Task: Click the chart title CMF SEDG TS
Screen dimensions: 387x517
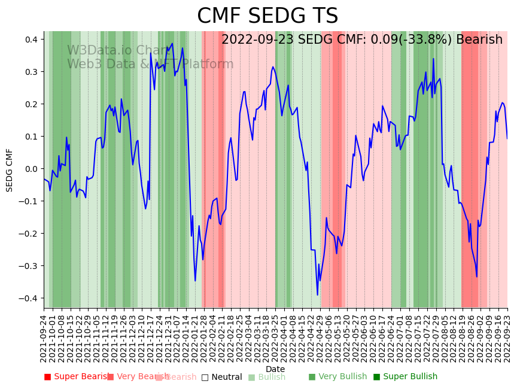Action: click(267, 16)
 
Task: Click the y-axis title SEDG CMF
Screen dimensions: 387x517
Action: click(10, 170)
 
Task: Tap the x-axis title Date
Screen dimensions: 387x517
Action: click(275, 369)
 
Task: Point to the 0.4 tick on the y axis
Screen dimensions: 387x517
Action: click(30, 40)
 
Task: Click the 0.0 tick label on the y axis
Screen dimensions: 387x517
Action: click(30, 169)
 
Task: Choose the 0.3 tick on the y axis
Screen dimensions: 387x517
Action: click(30, 72)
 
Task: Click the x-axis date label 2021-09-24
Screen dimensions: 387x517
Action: click(44, 338)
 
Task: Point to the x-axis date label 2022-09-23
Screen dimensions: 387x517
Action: click(508, 338)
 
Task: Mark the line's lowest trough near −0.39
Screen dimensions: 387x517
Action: click(318, 295)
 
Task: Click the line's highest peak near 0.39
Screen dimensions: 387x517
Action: click(172, 44)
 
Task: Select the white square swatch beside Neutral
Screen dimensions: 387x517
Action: click(205, 377)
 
